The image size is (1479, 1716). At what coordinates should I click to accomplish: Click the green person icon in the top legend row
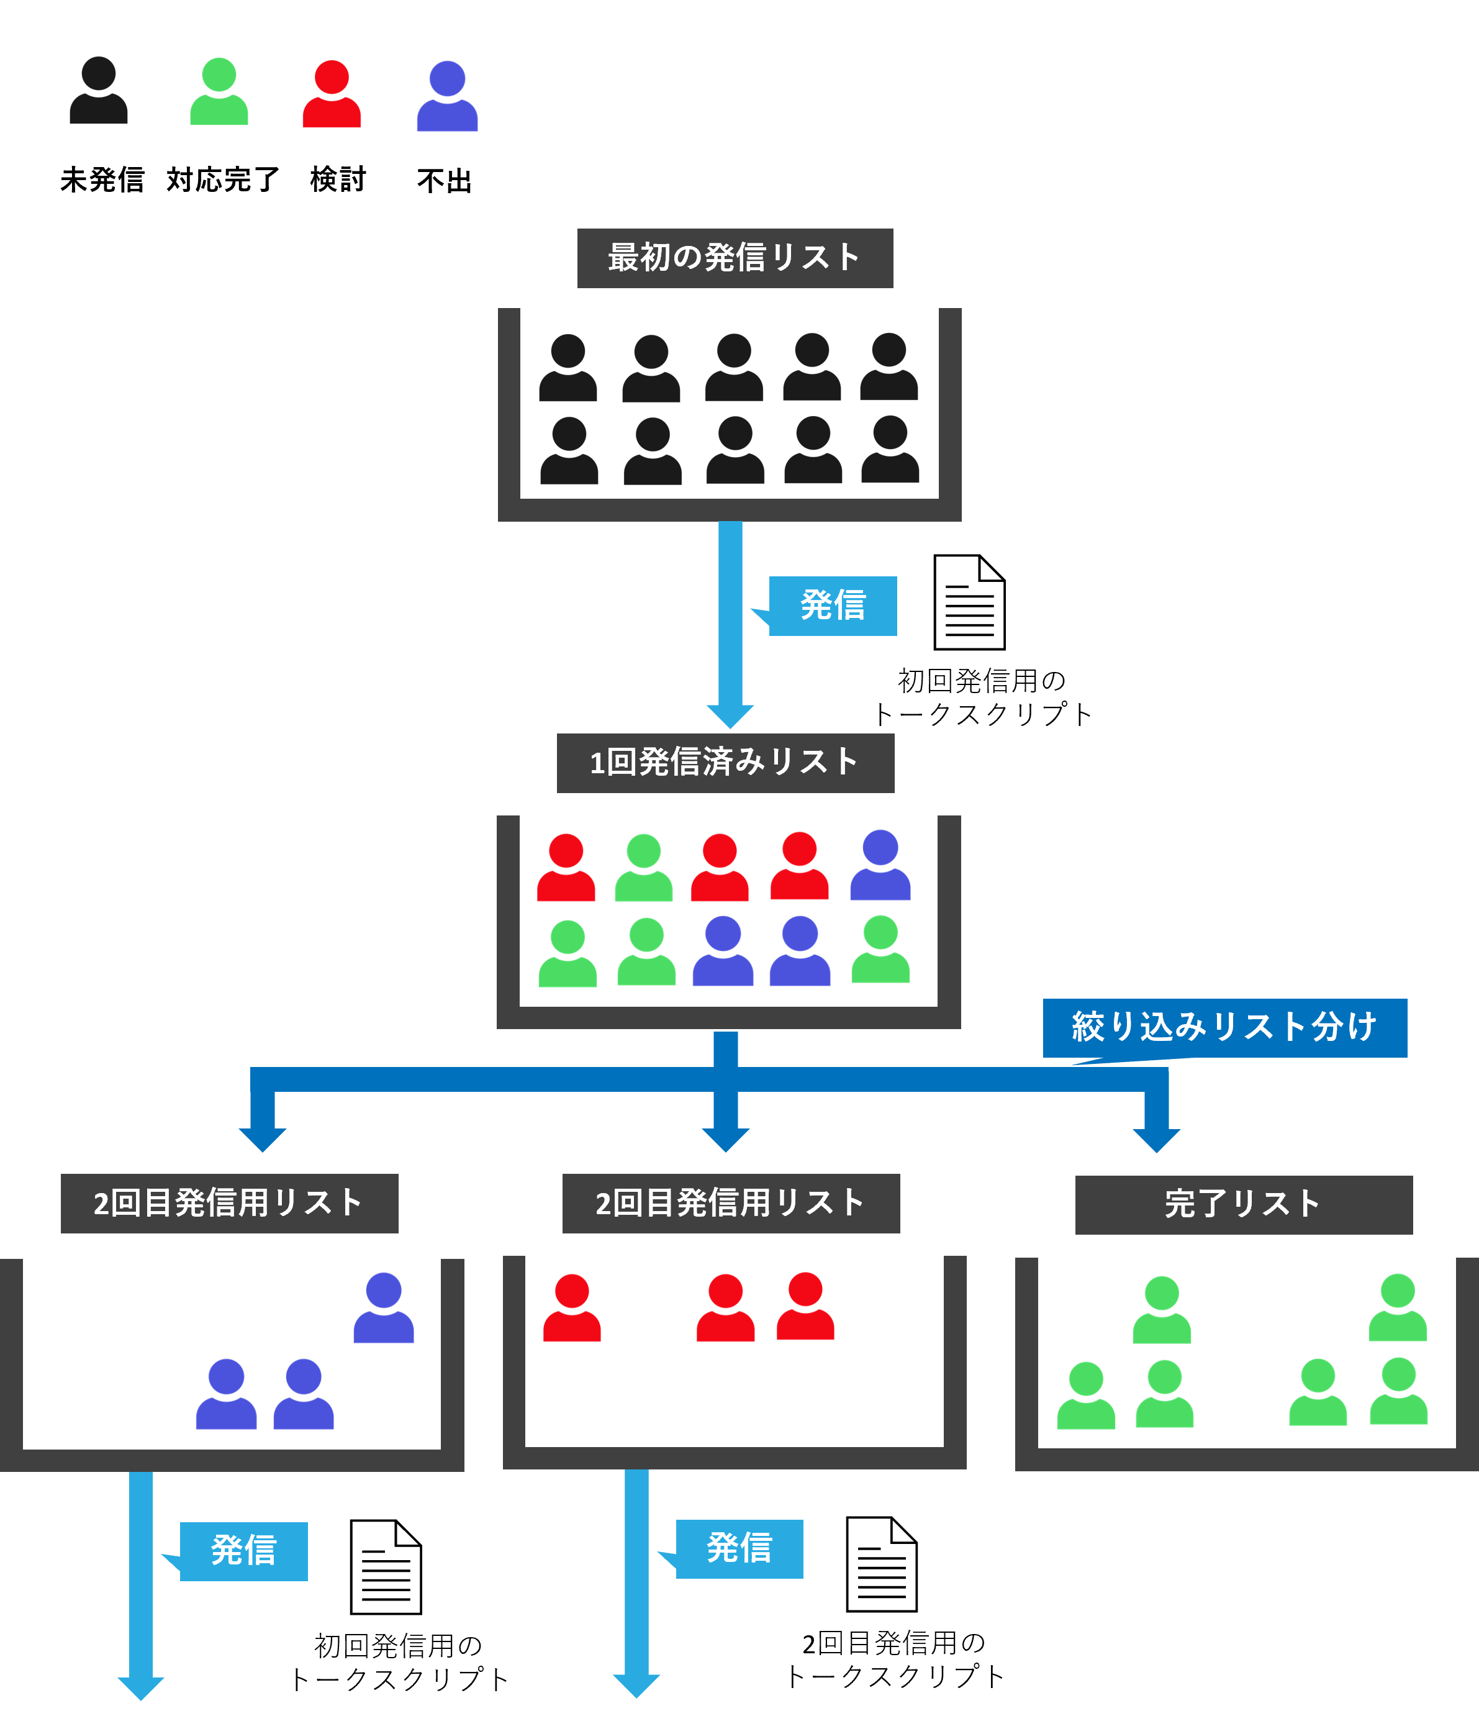click(219, 92)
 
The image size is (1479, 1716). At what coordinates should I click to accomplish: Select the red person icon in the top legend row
click(331, 94)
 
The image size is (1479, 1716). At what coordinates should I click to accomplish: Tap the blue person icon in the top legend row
click(447, 96)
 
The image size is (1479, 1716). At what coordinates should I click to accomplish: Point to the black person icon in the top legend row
click(99, 91)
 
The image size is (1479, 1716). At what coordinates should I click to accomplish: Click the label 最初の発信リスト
click(735, 258)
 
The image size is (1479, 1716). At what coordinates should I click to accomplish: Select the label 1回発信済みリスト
click(725, 763)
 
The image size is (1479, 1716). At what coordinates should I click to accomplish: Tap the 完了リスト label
click(1243, 1204)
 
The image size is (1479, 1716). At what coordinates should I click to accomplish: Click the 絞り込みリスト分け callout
click(1224, 1028)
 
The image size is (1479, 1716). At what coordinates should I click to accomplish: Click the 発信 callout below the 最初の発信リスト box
click(832, 606)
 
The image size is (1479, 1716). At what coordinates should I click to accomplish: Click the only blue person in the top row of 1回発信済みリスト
click(880, 866)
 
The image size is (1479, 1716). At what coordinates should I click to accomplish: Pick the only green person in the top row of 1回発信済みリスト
click(643, 868)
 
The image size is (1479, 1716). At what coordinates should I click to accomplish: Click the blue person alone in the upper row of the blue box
click(384, 1309)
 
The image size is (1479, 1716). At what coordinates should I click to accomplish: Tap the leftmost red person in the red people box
click(571, 1309)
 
